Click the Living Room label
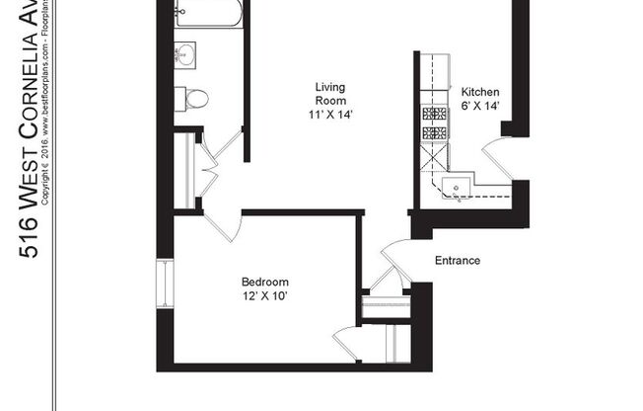click(x=329, y=93)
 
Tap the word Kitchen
click(x=480, y=92)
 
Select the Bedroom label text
click(x=264, y=281)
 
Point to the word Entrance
click(x=458, y=261)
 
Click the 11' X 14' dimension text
click(x=329, y=115)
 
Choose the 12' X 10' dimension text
click(x=264, y=295)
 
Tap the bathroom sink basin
click(x=186, y=54)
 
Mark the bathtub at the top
click(x=207, y=14)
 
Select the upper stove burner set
click(x=434, y=113)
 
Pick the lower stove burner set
click(x=434, y=132)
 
